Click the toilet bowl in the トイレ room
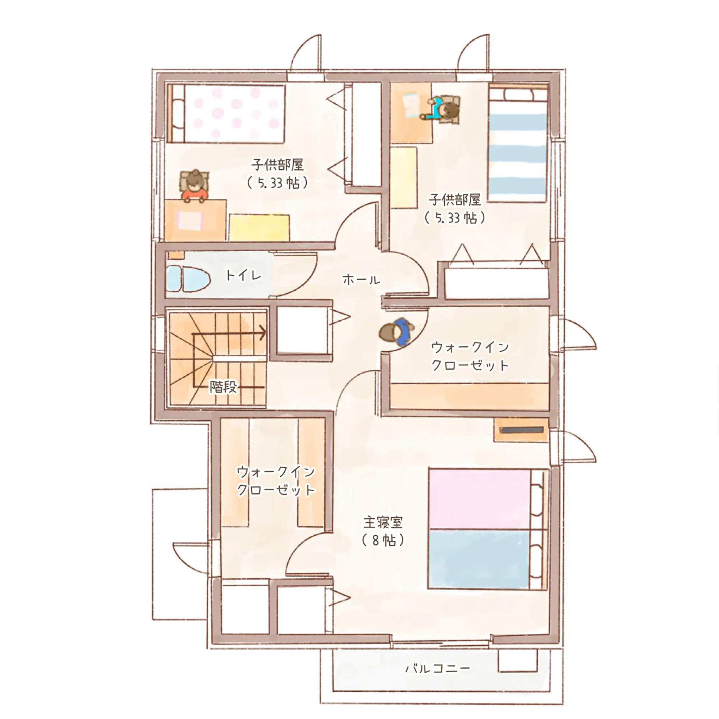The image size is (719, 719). [x=188, y=279]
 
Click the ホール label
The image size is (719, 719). [x=361, y=279]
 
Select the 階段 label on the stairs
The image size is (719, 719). [x=223, y=387]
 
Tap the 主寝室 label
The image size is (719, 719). [x=383, y=522]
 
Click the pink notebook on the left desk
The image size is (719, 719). [x=190, y=221]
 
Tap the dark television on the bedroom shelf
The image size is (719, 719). [x=522, y=430]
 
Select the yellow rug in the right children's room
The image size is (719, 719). [x=404, y=178]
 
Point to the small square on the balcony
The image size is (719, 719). [x=518, y=660]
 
